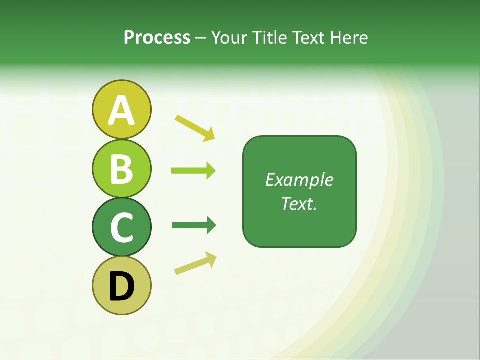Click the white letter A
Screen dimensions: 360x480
pos(121,111)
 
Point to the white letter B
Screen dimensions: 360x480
pos(122,169)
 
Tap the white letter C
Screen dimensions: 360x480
pos(122,228)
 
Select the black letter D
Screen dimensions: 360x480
pos(121,286)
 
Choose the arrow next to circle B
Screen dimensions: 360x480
pos(193,171)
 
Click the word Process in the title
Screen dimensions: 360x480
pos(157,37)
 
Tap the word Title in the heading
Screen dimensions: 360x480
pos(268,37)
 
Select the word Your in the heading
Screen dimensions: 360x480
pos(230,37)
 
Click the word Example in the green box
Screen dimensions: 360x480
pos(299,180)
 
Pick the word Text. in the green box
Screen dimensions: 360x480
pos(299,203)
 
